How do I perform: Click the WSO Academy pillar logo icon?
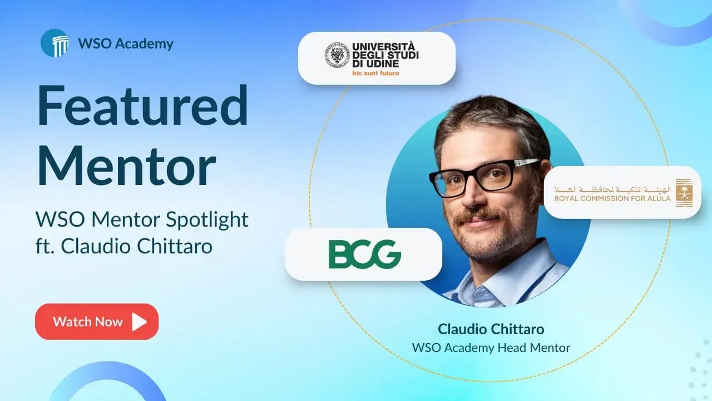click(x=55, y=43)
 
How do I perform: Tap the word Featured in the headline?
click(x=142, y=106)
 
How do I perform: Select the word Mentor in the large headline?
click(x=127, y=165)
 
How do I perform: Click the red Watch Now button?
click(x=97, y=321)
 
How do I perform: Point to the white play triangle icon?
click(x=139, y=322)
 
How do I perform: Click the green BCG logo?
click(x=364, y=255)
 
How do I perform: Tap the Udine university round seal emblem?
click(x=337, y=55)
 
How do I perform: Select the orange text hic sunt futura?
click(x=375, y=73)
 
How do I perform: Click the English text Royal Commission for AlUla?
click(x=612, y=198)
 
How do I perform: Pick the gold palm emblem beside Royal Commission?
click(x=684, y=193)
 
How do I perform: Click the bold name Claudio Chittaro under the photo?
click(x=491, y=329)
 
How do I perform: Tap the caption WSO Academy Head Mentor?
click(x=491, y=348)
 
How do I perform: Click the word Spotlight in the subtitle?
click(x=207, y=220)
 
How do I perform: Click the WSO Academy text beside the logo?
click(x=126, y=43)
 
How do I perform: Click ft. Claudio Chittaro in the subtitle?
click(x=124, y=246)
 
